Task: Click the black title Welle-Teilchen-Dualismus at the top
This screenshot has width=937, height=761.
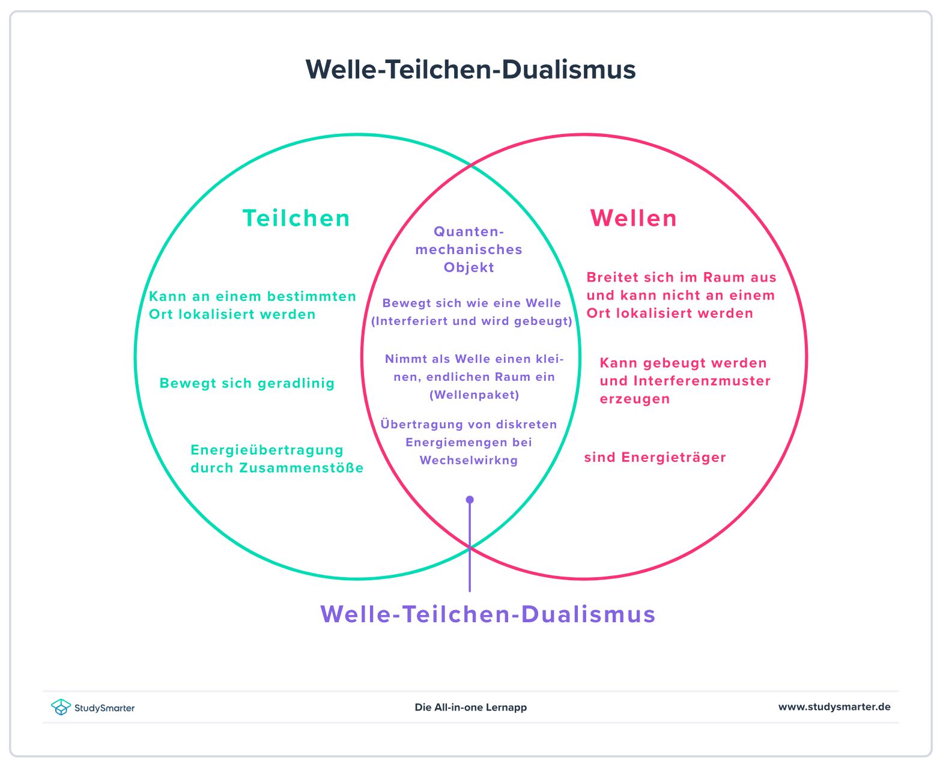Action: coord(470,70)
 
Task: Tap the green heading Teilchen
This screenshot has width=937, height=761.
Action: coord(296,218)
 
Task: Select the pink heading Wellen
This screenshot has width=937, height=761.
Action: coord(633,218)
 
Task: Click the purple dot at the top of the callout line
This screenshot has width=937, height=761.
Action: coord(470,500)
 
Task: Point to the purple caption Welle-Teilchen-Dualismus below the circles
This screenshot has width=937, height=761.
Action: coord(488,614)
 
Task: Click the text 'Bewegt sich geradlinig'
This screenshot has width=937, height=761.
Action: coord(247,383)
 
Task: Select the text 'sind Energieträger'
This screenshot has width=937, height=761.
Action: coord(655,458)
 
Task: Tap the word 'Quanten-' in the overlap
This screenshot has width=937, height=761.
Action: coord(469,232)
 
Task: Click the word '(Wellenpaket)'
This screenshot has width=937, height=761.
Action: coord(474,395)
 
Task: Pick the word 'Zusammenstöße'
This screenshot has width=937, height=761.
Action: coord(302,468)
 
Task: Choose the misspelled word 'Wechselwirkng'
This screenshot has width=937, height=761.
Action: coord(468,461)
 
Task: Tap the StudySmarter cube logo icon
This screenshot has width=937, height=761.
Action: coord(61,707)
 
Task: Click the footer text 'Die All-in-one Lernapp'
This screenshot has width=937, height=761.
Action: coord(470,708)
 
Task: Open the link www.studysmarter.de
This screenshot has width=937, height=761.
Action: coord(834,707)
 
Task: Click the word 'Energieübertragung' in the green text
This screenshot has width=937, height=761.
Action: coord(267,450)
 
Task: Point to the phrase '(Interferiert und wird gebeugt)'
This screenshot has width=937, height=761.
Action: coord(472,321)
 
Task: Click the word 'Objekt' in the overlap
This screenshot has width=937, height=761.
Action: coord(468,268)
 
